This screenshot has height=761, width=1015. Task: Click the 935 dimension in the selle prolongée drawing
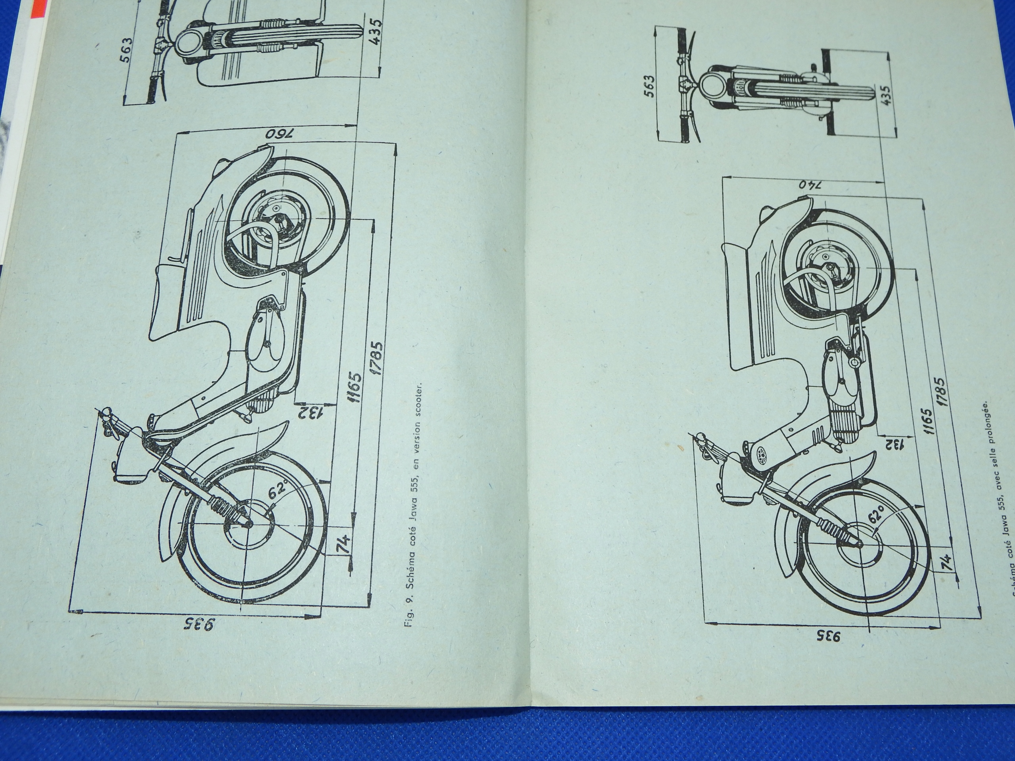[x=829, y=649]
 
